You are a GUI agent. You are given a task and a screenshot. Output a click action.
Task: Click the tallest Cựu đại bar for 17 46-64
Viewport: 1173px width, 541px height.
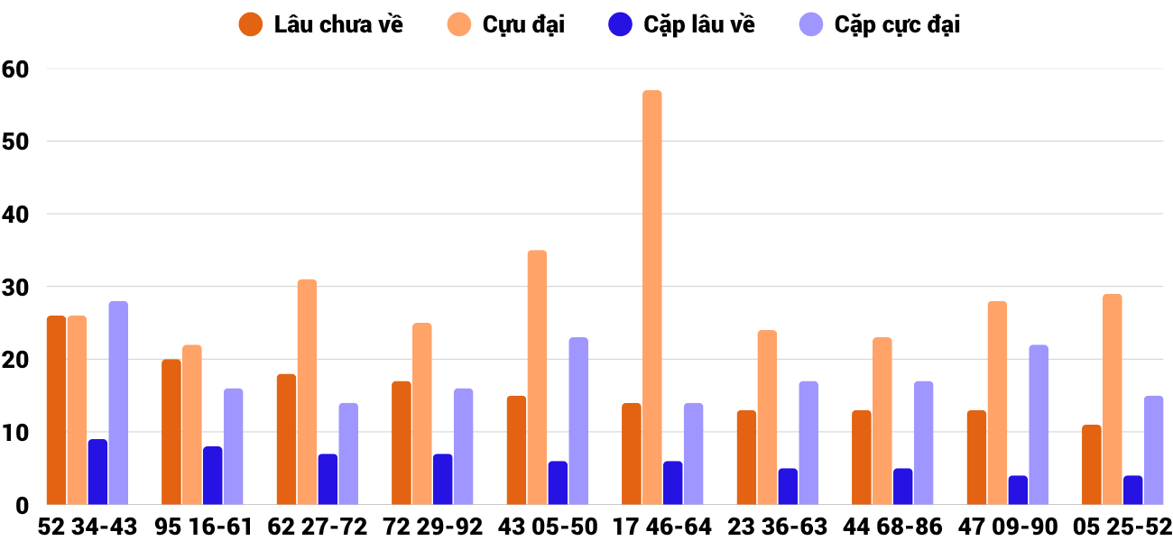coord(651,298)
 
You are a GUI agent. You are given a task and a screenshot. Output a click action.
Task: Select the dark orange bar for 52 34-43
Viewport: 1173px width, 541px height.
coord(56,410)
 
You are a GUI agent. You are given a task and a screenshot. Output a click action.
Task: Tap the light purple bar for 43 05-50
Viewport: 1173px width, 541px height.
coord(578,421)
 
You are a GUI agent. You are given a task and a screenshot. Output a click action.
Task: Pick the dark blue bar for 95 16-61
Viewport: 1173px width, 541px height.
coord(213,475)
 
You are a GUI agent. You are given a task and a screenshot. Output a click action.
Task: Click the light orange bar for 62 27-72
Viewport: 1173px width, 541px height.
coord(307,392)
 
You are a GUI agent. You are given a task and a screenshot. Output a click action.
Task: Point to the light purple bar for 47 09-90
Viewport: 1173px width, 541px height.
coord(1039,425)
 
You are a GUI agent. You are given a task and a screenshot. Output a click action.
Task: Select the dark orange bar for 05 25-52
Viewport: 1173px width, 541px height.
coord(1092,464)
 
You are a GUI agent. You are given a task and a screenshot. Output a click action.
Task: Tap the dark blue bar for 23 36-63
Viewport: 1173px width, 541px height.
coord(789,486)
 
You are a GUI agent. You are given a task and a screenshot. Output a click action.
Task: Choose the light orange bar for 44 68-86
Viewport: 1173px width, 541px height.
coord(882,421)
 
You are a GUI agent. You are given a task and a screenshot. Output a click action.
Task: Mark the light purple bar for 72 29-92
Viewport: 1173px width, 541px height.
coord(463,446)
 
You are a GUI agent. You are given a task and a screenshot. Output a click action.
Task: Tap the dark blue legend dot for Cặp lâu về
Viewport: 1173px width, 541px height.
coord(621,24)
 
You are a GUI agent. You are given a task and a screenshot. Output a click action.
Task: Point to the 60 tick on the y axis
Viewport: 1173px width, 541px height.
coord(16,69)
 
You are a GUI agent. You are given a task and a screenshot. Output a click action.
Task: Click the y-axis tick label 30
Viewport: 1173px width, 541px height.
coord(16,287)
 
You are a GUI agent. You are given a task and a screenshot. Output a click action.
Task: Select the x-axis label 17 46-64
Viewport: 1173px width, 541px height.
coord(661,527)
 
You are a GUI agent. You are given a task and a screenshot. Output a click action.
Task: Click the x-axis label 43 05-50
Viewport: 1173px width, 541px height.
coord(547,527)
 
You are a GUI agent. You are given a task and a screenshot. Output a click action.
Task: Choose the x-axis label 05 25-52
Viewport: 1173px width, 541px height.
coord(1122,527)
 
